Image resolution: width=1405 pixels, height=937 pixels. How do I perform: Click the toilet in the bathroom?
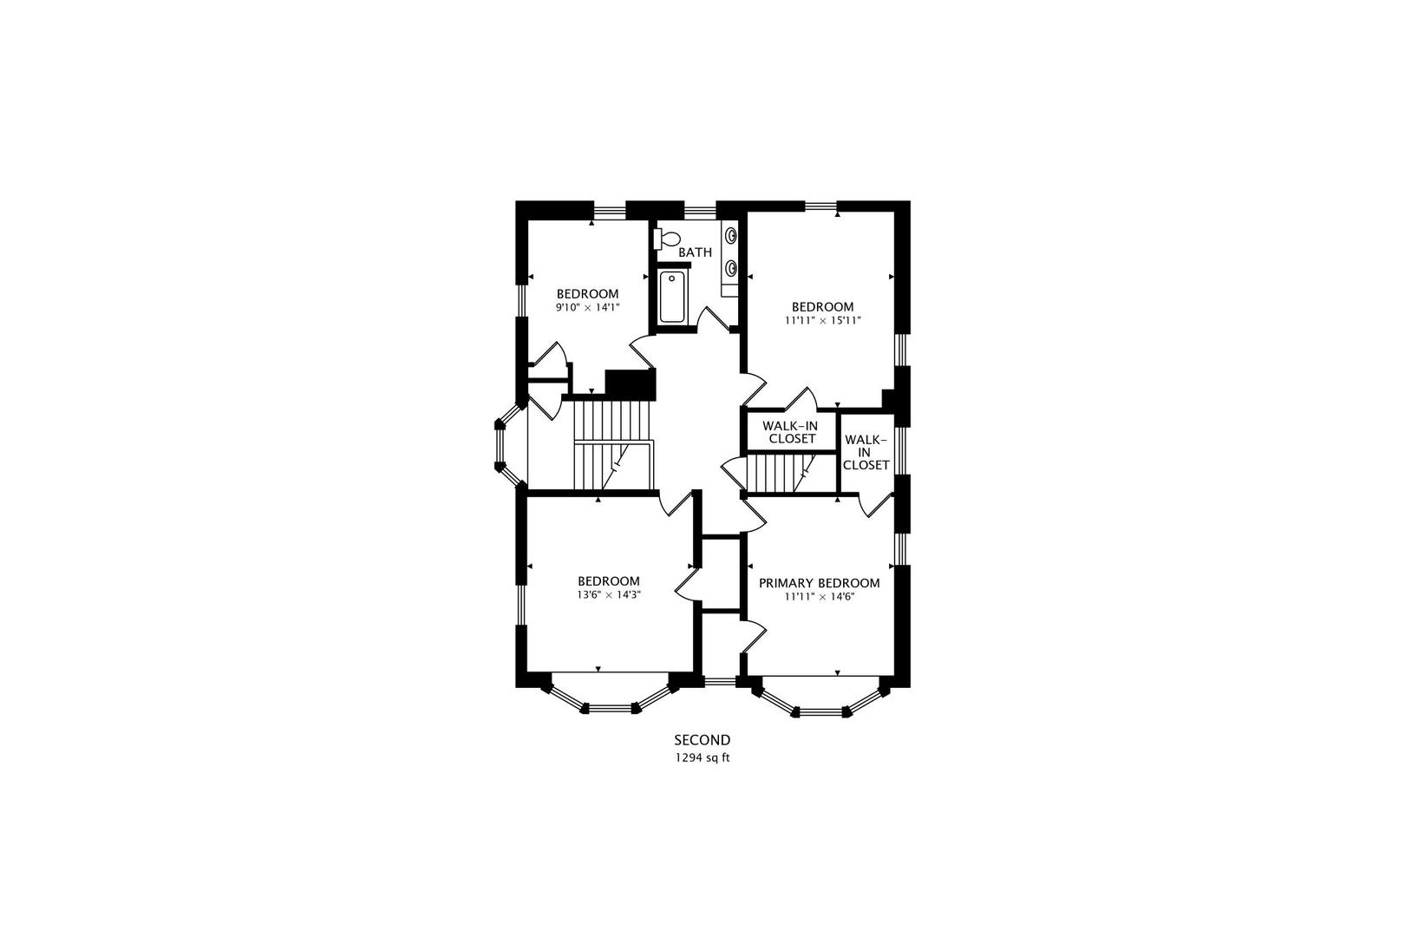pyautogui.click(x=667, y=239)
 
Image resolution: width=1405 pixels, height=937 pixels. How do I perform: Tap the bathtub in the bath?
pyautogui.click(x=672, y=297)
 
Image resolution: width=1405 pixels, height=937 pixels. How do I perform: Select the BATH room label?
pyautogui.click(x=695, y=252)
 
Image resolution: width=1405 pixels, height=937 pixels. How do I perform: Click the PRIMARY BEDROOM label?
pyautogui.click(x=820, y=583)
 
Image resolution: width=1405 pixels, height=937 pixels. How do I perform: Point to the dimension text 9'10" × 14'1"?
pyautogui.click(x=588, y=307)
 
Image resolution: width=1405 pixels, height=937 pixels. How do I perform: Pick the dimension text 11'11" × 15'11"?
pyautogui.click(x=823, y=320)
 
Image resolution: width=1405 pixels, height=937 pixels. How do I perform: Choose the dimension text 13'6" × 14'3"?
pyautogui.click(x=609, y=594)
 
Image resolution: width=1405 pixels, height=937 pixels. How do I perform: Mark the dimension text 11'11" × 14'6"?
pyautogui.click(x=820, y=597)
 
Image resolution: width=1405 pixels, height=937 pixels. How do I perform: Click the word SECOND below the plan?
pyautogui.click(x=702, y=740)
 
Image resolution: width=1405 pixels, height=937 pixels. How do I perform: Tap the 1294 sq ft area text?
pyautogui.click(x=702, y=757)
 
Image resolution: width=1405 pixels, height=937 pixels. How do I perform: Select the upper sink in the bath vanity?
pyautogui.click(x=731, y=235)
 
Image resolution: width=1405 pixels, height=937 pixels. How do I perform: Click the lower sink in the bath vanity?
pyautogui.click(x=731, y=269)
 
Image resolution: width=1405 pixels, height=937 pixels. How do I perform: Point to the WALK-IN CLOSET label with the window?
pyautogui.click(x=866, y=452)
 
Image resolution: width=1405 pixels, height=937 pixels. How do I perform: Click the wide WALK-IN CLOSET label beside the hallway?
pyautogui.click(x=791, y=432)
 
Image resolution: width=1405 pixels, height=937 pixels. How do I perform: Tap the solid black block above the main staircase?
pyautogui.click(x=630, y=384)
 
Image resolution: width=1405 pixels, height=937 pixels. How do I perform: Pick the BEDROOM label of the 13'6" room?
pyautogui.click(x=609, y=581)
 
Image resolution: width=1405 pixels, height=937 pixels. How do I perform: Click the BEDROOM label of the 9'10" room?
pyautogui.click(x=588, y=294)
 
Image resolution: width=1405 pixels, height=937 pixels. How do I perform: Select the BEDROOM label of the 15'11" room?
pyautogui.click(x=823, y=307)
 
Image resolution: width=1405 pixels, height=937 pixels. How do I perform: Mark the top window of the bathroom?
pyautogui.click(x=699, y=210)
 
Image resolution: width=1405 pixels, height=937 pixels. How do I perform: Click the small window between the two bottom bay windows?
pyautogui.click(x=720, y=682)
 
